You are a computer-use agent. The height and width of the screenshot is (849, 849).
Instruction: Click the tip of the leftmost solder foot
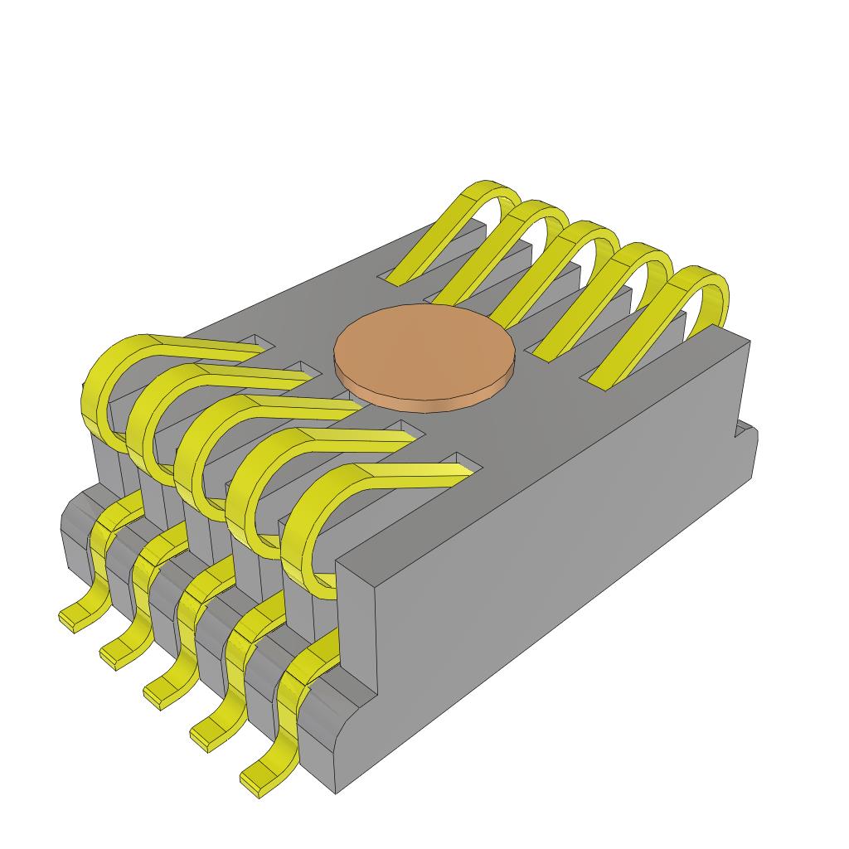pyautogui.click(x=71, y=619)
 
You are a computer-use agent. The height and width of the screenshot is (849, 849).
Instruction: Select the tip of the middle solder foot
pyautogui.click(x=158, y=695)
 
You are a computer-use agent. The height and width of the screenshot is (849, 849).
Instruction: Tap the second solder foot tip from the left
pyautogui.click(x=113, y=657)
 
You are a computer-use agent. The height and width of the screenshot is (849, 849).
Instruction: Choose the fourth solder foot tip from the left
pyautogui.click(x=204, y=738)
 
